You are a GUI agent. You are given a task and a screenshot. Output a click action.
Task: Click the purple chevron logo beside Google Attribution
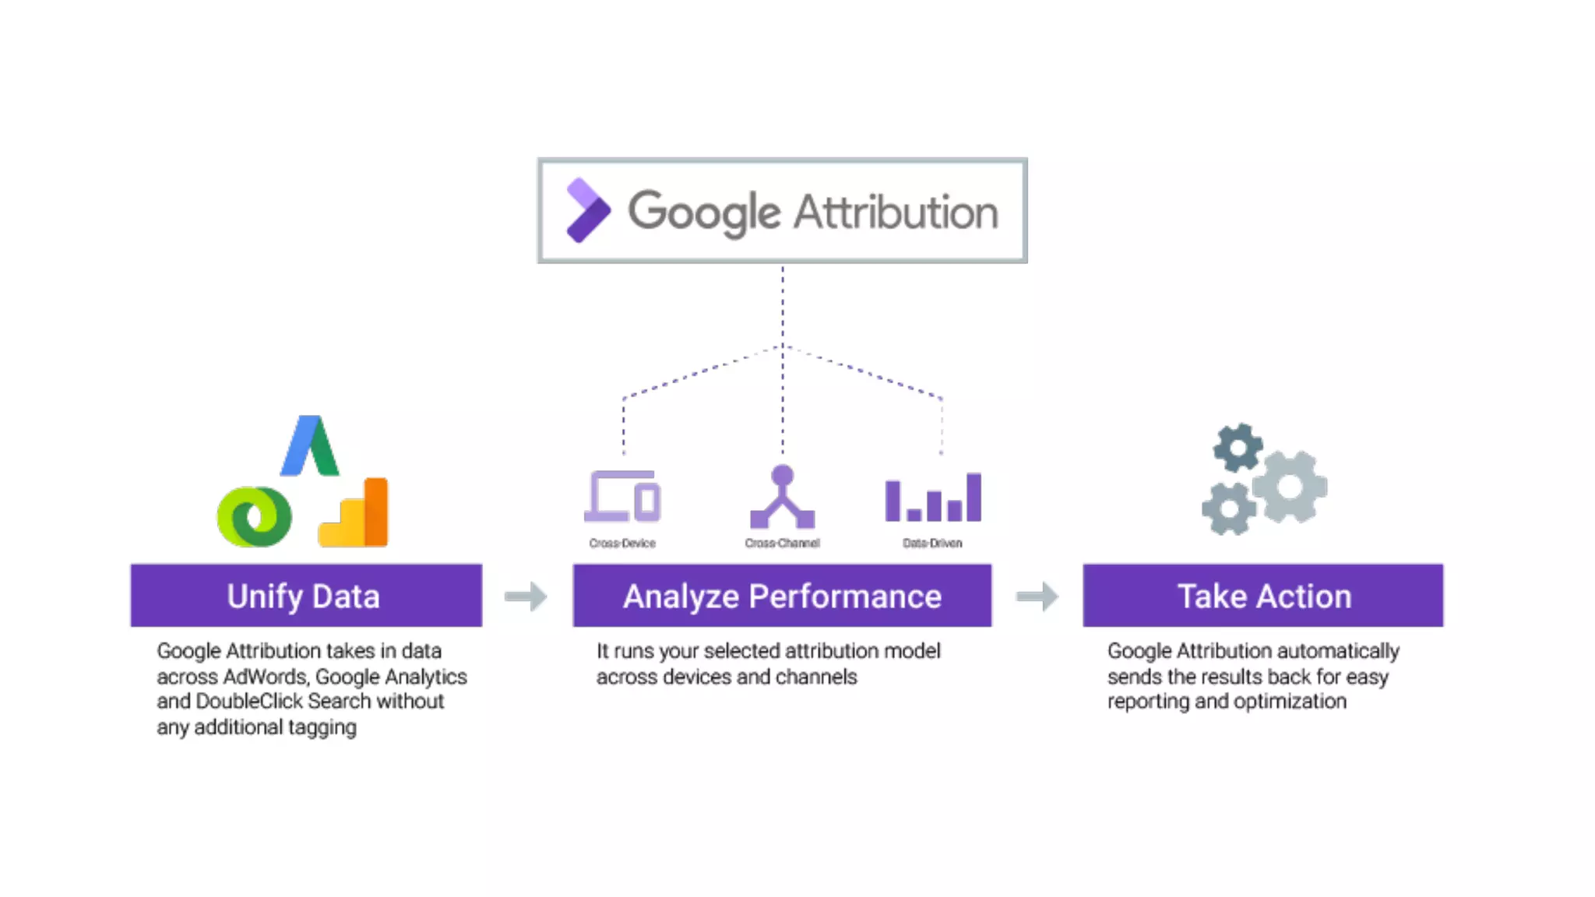coord(587,210)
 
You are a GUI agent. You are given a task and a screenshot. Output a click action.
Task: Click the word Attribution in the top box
coord(895,212)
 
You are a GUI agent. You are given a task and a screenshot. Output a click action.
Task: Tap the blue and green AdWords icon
coord(310,446)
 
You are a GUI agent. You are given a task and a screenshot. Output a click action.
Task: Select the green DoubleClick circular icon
coord(254,516)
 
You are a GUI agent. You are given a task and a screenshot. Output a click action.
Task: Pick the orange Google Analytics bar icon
coord(355,514)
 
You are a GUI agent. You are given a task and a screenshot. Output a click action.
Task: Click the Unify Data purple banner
coord(305,596)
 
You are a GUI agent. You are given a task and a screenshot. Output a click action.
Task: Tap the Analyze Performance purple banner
coord(782,596)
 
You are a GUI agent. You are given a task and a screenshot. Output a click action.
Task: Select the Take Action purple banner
coord(1262,596)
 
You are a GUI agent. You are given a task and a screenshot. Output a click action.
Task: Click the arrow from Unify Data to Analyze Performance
coord(526,596)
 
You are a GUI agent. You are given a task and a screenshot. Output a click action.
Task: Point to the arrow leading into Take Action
coord(1037,596)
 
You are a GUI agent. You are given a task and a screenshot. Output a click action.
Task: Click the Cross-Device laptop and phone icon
coord(623,496)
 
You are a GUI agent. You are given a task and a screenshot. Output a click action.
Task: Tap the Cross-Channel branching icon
coord(782,497)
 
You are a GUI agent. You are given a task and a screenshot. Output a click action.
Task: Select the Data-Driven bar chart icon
coord(933,498)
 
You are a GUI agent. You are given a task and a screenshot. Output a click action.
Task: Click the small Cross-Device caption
coord(622,543)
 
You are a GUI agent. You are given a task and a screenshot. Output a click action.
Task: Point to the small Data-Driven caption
coord(932,543)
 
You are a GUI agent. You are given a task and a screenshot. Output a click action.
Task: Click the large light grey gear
coord(1290,487)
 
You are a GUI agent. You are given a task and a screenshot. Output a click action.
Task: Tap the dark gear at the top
coord(1237,448)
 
